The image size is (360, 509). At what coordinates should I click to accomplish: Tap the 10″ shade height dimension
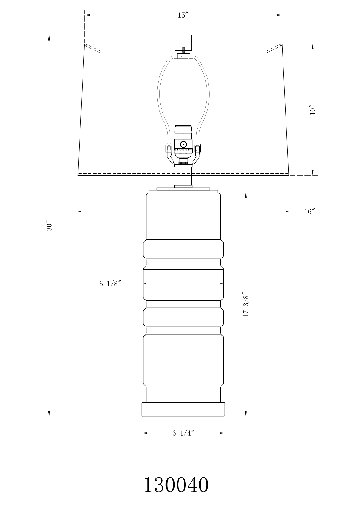pyautogui.click(x=313, y=109)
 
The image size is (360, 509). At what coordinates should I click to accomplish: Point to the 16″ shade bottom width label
pyautogui.click(x=309, y=212)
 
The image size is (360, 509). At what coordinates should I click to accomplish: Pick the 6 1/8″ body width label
pyautogui.click(x=110, y=284)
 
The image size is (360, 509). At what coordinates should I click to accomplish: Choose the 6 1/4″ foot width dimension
pyautogui.click(x=183, y=433)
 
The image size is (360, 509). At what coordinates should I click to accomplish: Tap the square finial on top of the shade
pyautogui.click(x=183, y=43)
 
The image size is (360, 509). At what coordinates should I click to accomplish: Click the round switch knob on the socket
pyautogui.click(x=183, y=144)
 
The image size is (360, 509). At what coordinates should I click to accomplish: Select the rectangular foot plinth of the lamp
pyautogui.click(x=183, y=409)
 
